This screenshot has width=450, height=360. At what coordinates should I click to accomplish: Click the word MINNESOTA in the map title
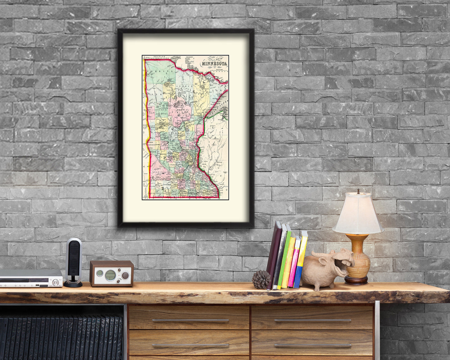pos(214,64)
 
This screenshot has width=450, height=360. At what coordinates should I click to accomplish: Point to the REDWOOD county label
pos(158,172)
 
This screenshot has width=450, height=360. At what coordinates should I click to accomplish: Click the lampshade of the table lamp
pos(358,215)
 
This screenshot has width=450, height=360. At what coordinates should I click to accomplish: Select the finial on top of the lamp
pos(358,191)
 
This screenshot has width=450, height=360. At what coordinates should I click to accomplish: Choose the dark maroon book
pos(274,254)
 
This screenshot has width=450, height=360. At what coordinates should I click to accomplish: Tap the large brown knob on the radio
pos(125,275)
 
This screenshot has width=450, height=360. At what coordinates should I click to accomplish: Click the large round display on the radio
pos(110,275)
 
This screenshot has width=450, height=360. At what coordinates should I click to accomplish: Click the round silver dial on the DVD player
pos(56,283)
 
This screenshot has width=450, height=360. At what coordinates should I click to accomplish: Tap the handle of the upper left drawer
pos(190,320)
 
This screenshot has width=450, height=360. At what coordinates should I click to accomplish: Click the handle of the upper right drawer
pos(312,320)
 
